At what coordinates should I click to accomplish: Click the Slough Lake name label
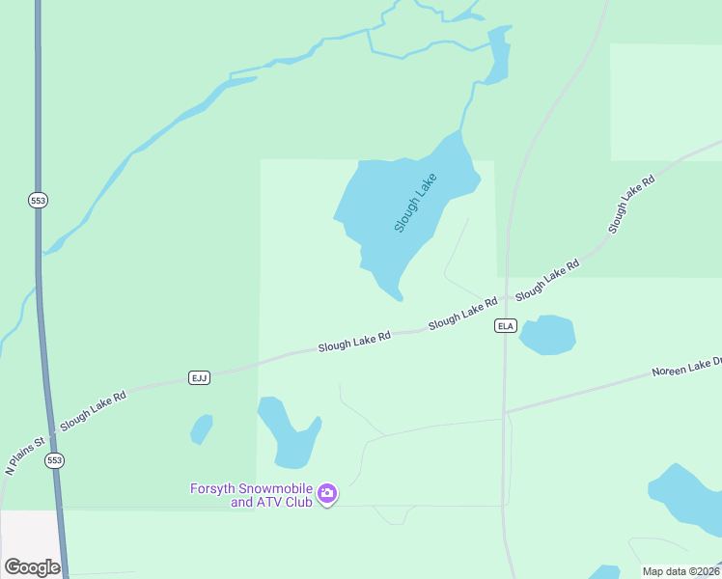tap(416, 202)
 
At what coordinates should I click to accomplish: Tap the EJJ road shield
tap(200, 377)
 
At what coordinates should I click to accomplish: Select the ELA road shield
tap(506, 325)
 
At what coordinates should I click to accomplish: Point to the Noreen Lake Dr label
tap(686, 367)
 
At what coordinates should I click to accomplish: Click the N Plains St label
tap(25, 456)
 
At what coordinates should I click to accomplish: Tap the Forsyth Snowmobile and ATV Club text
tap(250, 495)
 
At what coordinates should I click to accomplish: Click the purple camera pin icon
tap(327, 494)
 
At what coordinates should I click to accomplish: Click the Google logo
tap(32, 567)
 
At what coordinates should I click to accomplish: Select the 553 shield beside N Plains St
tap(54, 461)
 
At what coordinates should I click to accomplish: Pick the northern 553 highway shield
tap(38, 200)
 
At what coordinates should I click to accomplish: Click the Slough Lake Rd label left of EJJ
tap(93, 410)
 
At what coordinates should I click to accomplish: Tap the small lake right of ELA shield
tap(547, 334)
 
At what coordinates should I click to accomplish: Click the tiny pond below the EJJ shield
tap(202, 428)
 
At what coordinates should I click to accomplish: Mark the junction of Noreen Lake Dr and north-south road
tap(505, 412)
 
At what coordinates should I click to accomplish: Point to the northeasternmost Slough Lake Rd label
tap(632, 203)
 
